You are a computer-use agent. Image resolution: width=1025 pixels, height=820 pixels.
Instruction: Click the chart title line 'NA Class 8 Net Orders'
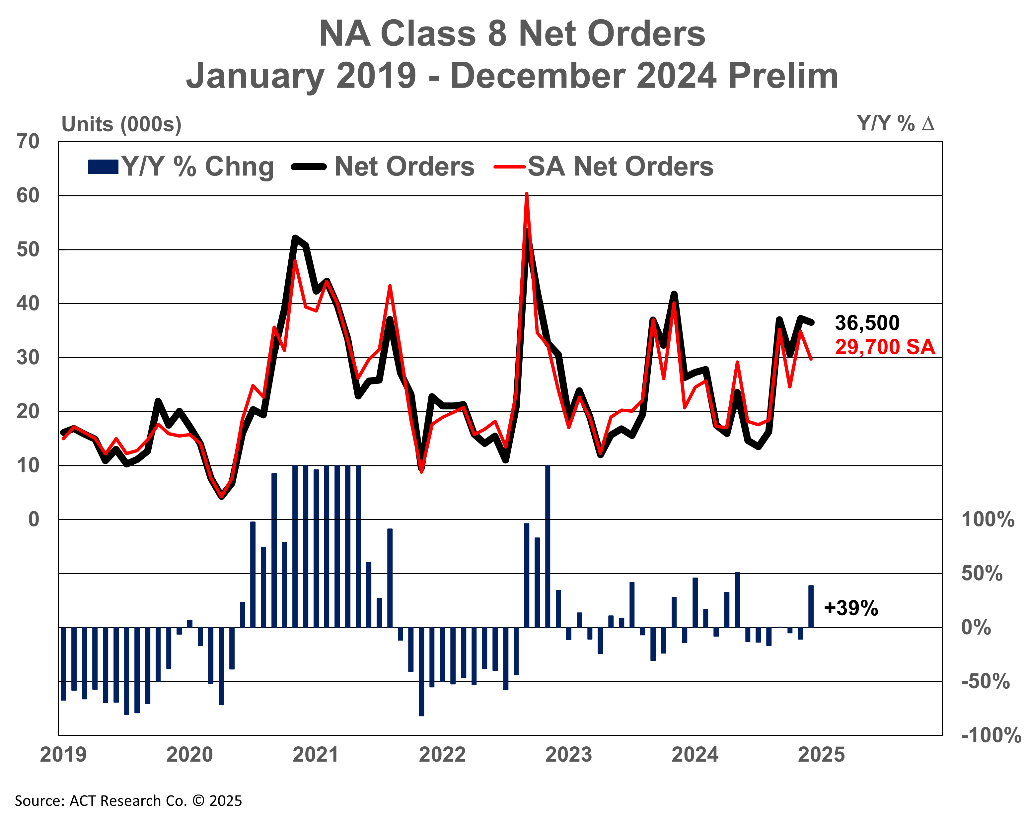pyautogui.click(x=512, y=34)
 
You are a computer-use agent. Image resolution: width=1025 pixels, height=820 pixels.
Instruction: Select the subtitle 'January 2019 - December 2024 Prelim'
pyautogui.click(x=512, y=76)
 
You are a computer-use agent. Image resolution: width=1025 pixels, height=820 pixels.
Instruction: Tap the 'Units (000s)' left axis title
pyautogui.click(x=121, y=124)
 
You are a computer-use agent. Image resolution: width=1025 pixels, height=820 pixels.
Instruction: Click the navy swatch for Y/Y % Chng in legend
pyautogui.click(x=103, y=167)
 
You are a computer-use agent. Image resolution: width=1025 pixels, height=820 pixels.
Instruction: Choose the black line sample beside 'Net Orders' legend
pyautogui.click(x=309, y=167)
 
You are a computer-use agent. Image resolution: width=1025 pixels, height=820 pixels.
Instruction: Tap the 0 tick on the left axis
pyautogui.click(x=33, y=519)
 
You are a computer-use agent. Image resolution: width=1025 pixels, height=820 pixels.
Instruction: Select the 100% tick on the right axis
pyautogui.click(x=988, y=519)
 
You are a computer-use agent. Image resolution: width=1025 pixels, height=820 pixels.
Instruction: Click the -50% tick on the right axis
pyautogui.click(x=986, y=682)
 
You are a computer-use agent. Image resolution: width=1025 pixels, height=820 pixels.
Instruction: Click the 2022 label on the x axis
pyautogui.click(x=442, y=755)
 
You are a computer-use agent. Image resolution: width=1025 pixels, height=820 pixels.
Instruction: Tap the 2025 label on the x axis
pyautogui.click(x=821, y=755)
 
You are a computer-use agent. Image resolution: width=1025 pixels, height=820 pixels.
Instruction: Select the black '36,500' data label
pyautogui.click(x=867, y=323)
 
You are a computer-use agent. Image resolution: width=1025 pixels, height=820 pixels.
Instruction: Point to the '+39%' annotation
pyautogui.click(x=851, y=608)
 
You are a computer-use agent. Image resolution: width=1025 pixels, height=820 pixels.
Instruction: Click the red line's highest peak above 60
pyautogui.click(x=527, y=194)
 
